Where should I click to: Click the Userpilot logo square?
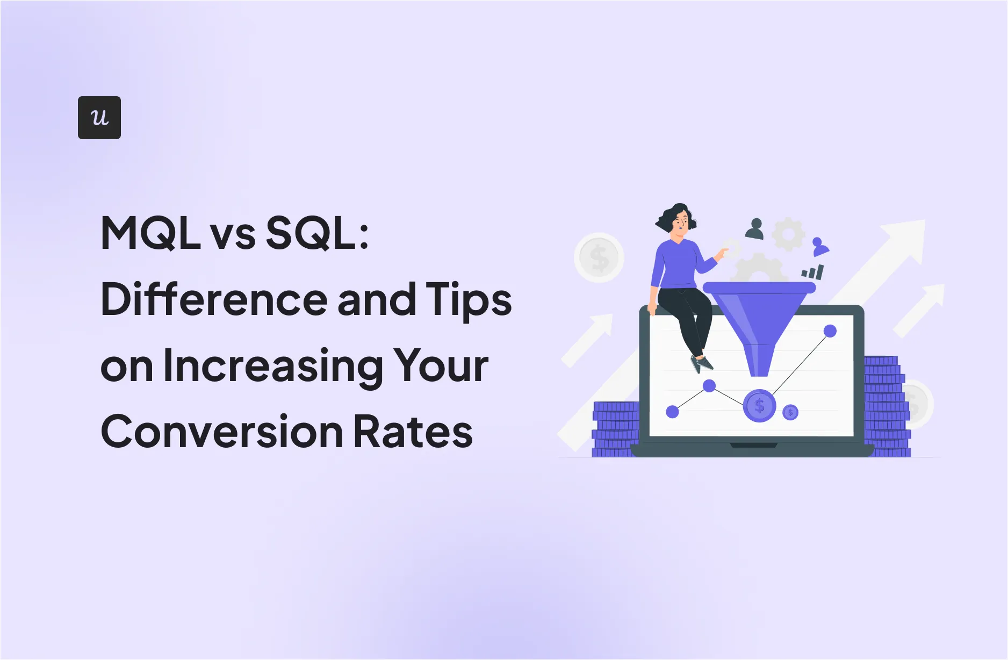[x=99, y=118]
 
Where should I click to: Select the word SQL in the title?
[x=312, y=233]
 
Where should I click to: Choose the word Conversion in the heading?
[x=222, y=432]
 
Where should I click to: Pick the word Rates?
[x=413, y=432]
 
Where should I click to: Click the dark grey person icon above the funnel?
[x=755, y=229]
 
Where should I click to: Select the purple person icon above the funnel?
[x=819, y=247]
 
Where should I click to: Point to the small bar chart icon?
[x=812, y=272]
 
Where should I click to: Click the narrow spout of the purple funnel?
[x=759, y=360]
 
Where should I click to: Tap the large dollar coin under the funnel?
[x=759, y=405]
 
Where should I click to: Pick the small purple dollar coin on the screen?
[x=790, y=413]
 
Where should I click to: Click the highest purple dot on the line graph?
[x=830, y=331]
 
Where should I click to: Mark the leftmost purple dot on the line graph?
[x=672, y=412]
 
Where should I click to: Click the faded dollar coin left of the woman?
[x=599, y=258]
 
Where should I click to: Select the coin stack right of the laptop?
[x=887, y=406]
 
